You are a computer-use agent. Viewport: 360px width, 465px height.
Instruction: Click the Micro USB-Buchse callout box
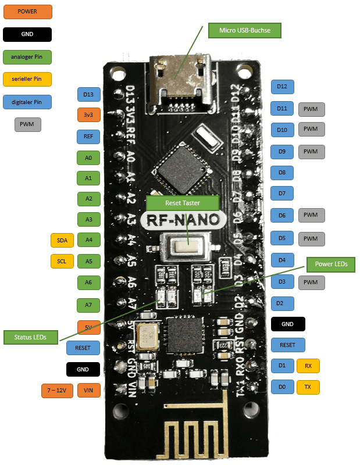pos(245,30)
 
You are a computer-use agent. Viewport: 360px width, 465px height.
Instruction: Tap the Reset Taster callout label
pos(182,202)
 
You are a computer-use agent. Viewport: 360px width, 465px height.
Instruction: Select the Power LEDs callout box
pos(331,263)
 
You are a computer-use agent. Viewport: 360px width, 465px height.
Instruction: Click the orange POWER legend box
pos(27,12)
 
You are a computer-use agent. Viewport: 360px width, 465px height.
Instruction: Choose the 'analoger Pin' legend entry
pos(27,57)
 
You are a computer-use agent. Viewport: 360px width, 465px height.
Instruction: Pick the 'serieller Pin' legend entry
pos(27,79)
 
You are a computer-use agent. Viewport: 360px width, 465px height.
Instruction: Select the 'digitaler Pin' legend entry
pos(27,102)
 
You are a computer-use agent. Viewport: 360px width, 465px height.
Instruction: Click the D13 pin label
pos(88,94)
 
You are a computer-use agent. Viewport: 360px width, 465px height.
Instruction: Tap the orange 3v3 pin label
pos(88,115)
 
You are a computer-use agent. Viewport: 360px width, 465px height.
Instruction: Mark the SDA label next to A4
pos(62,239)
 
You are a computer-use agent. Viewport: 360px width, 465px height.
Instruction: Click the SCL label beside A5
pos(62,261)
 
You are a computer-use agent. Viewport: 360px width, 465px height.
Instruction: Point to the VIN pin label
pos(88,390)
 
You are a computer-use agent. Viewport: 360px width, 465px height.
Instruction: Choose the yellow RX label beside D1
pos(308,366)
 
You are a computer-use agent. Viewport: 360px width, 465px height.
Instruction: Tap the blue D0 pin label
pos(282,387)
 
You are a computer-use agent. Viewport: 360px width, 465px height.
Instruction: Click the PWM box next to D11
pos(311,109)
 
